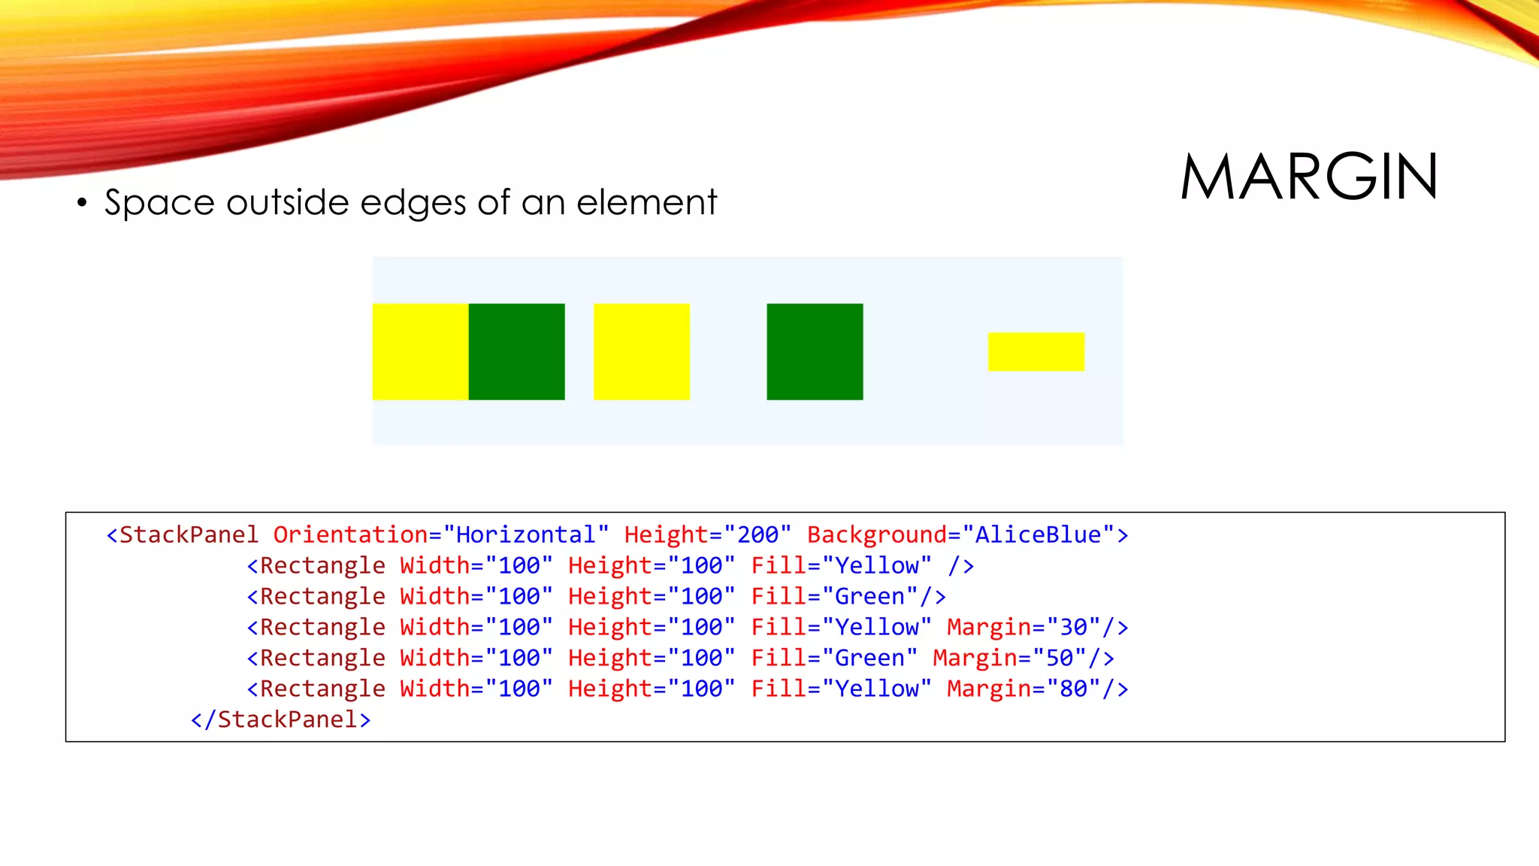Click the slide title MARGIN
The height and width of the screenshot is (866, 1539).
point(1309,177)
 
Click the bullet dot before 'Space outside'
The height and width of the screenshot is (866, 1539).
point(82,202)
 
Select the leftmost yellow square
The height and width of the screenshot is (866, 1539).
point(420,351)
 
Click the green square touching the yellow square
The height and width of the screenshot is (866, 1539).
point(516,351)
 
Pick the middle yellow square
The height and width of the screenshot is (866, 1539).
point(641,351)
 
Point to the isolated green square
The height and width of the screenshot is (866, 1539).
point(815,351)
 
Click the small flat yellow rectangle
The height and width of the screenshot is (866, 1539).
point(1036,351)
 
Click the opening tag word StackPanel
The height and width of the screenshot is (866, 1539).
point(189,534)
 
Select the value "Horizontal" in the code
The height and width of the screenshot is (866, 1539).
point(525,534)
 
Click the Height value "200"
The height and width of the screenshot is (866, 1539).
point(757,534)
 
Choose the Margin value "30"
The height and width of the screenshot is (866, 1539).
point(1074,627)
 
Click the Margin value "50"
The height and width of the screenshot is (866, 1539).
point(1060,658)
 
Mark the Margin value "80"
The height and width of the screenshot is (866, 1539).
point(1074,689)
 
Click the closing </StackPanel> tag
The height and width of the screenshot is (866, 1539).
point(280,719)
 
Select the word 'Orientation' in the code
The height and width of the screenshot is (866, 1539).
point(350,534)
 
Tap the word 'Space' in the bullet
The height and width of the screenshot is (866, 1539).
point(159,202)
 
